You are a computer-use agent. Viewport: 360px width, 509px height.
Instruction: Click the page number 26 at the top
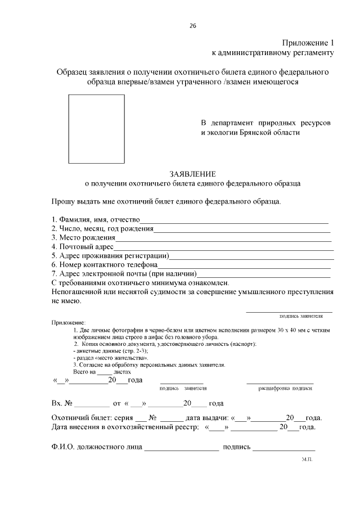[193, 26]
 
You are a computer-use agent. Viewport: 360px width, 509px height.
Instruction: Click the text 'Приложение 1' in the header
[308, 43]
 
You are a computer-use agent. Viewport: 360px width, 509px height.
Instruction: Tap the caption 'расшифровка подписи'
[285, 388]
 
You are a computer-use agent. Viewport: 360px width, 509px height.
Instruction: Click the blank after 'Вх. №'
[92, 404]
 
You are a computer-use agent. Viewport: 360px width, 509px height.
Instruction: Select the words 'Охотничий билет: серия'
[91, 418]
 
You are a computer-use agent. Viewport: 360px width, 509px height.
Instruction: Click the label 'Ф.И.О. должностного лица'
[96, 448]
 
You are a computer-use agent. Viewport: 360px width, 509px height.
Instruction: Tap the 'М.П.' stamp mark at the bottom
[307, 460]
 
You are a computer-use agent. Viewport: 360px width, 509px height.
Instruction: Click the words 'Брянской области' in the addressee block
[269, 133]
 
